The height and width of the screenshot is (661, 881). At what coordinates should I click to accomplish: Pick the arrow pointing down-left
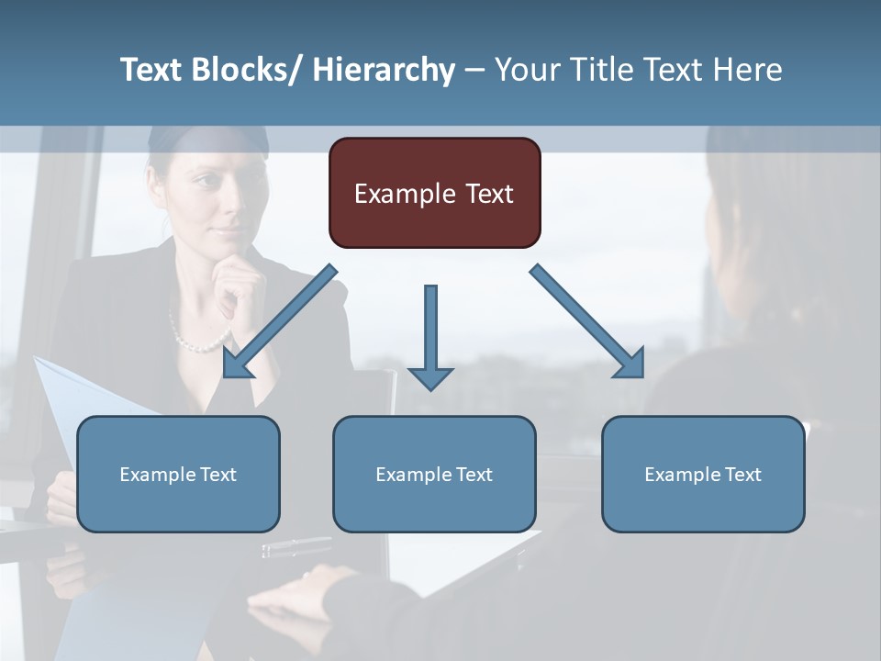pyautogui.click(x=279, y=321)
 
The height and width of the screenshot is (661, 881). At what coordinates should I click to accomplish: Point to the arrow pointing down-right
pyautogui.click(x=587, y=321)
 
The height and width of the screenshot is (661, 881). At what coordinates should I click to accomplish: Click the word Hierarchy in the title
pyautogui.click(x=384, y=71)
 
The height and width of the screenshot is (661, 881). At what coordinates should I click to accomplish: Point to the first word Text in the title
pyautogui.click(x=152, y=71)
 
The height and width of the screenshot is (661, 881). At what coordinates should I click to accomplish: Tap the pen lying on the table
pyautogui.click(x=296, y=547)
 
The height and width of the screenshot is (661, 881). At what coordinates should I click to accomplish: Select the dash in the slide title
pyautogui.click(x=474, y=71)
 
